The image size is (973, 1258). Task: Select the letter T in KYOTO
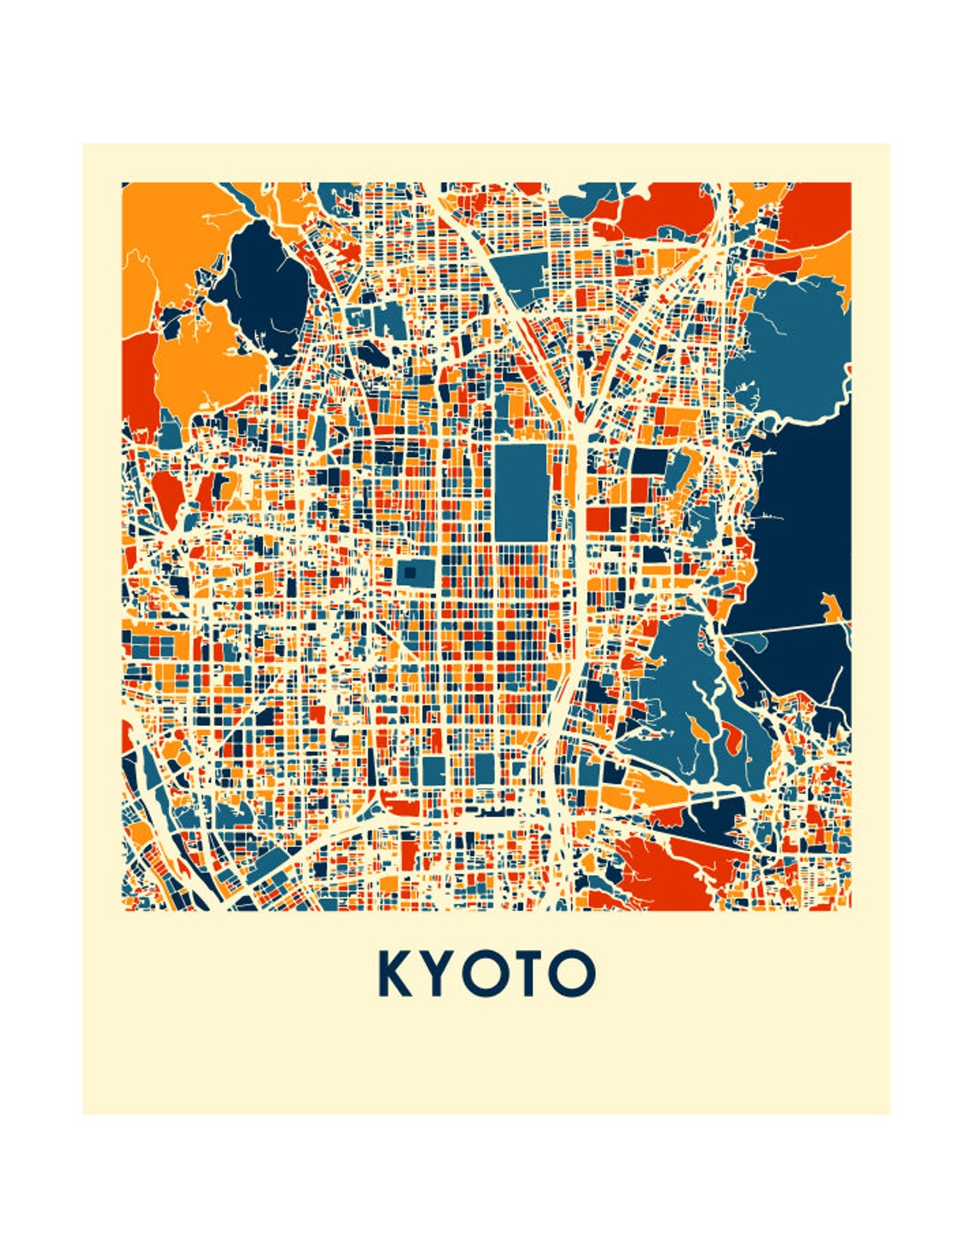pyautogui.click(x=524, y=973)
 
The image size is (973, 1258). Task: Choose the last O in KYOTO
pyautogui.click(x=570, y=973)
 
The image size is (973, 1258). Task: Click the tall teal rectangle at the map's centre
pyautogui.click(x=521, y=492)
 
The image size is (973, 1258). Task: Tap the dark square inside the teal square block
pyautogui.click(x=411, y=572)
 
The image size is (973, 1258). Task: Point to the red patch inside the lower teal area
pyautogui.click(x=732, y=735)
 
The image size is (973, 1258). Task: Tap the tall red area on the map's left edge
pyautogui.click(x=138, y=380)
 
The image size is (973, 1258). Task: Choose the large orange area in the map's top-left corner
pyautogui.click(x=171, y=230)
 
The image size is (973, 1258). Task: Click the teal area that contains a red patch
pyautogui.click(x=683, y=699)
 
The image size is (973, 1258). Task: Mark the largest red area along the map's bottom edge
pyautogui.click(x=674, y=870)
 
